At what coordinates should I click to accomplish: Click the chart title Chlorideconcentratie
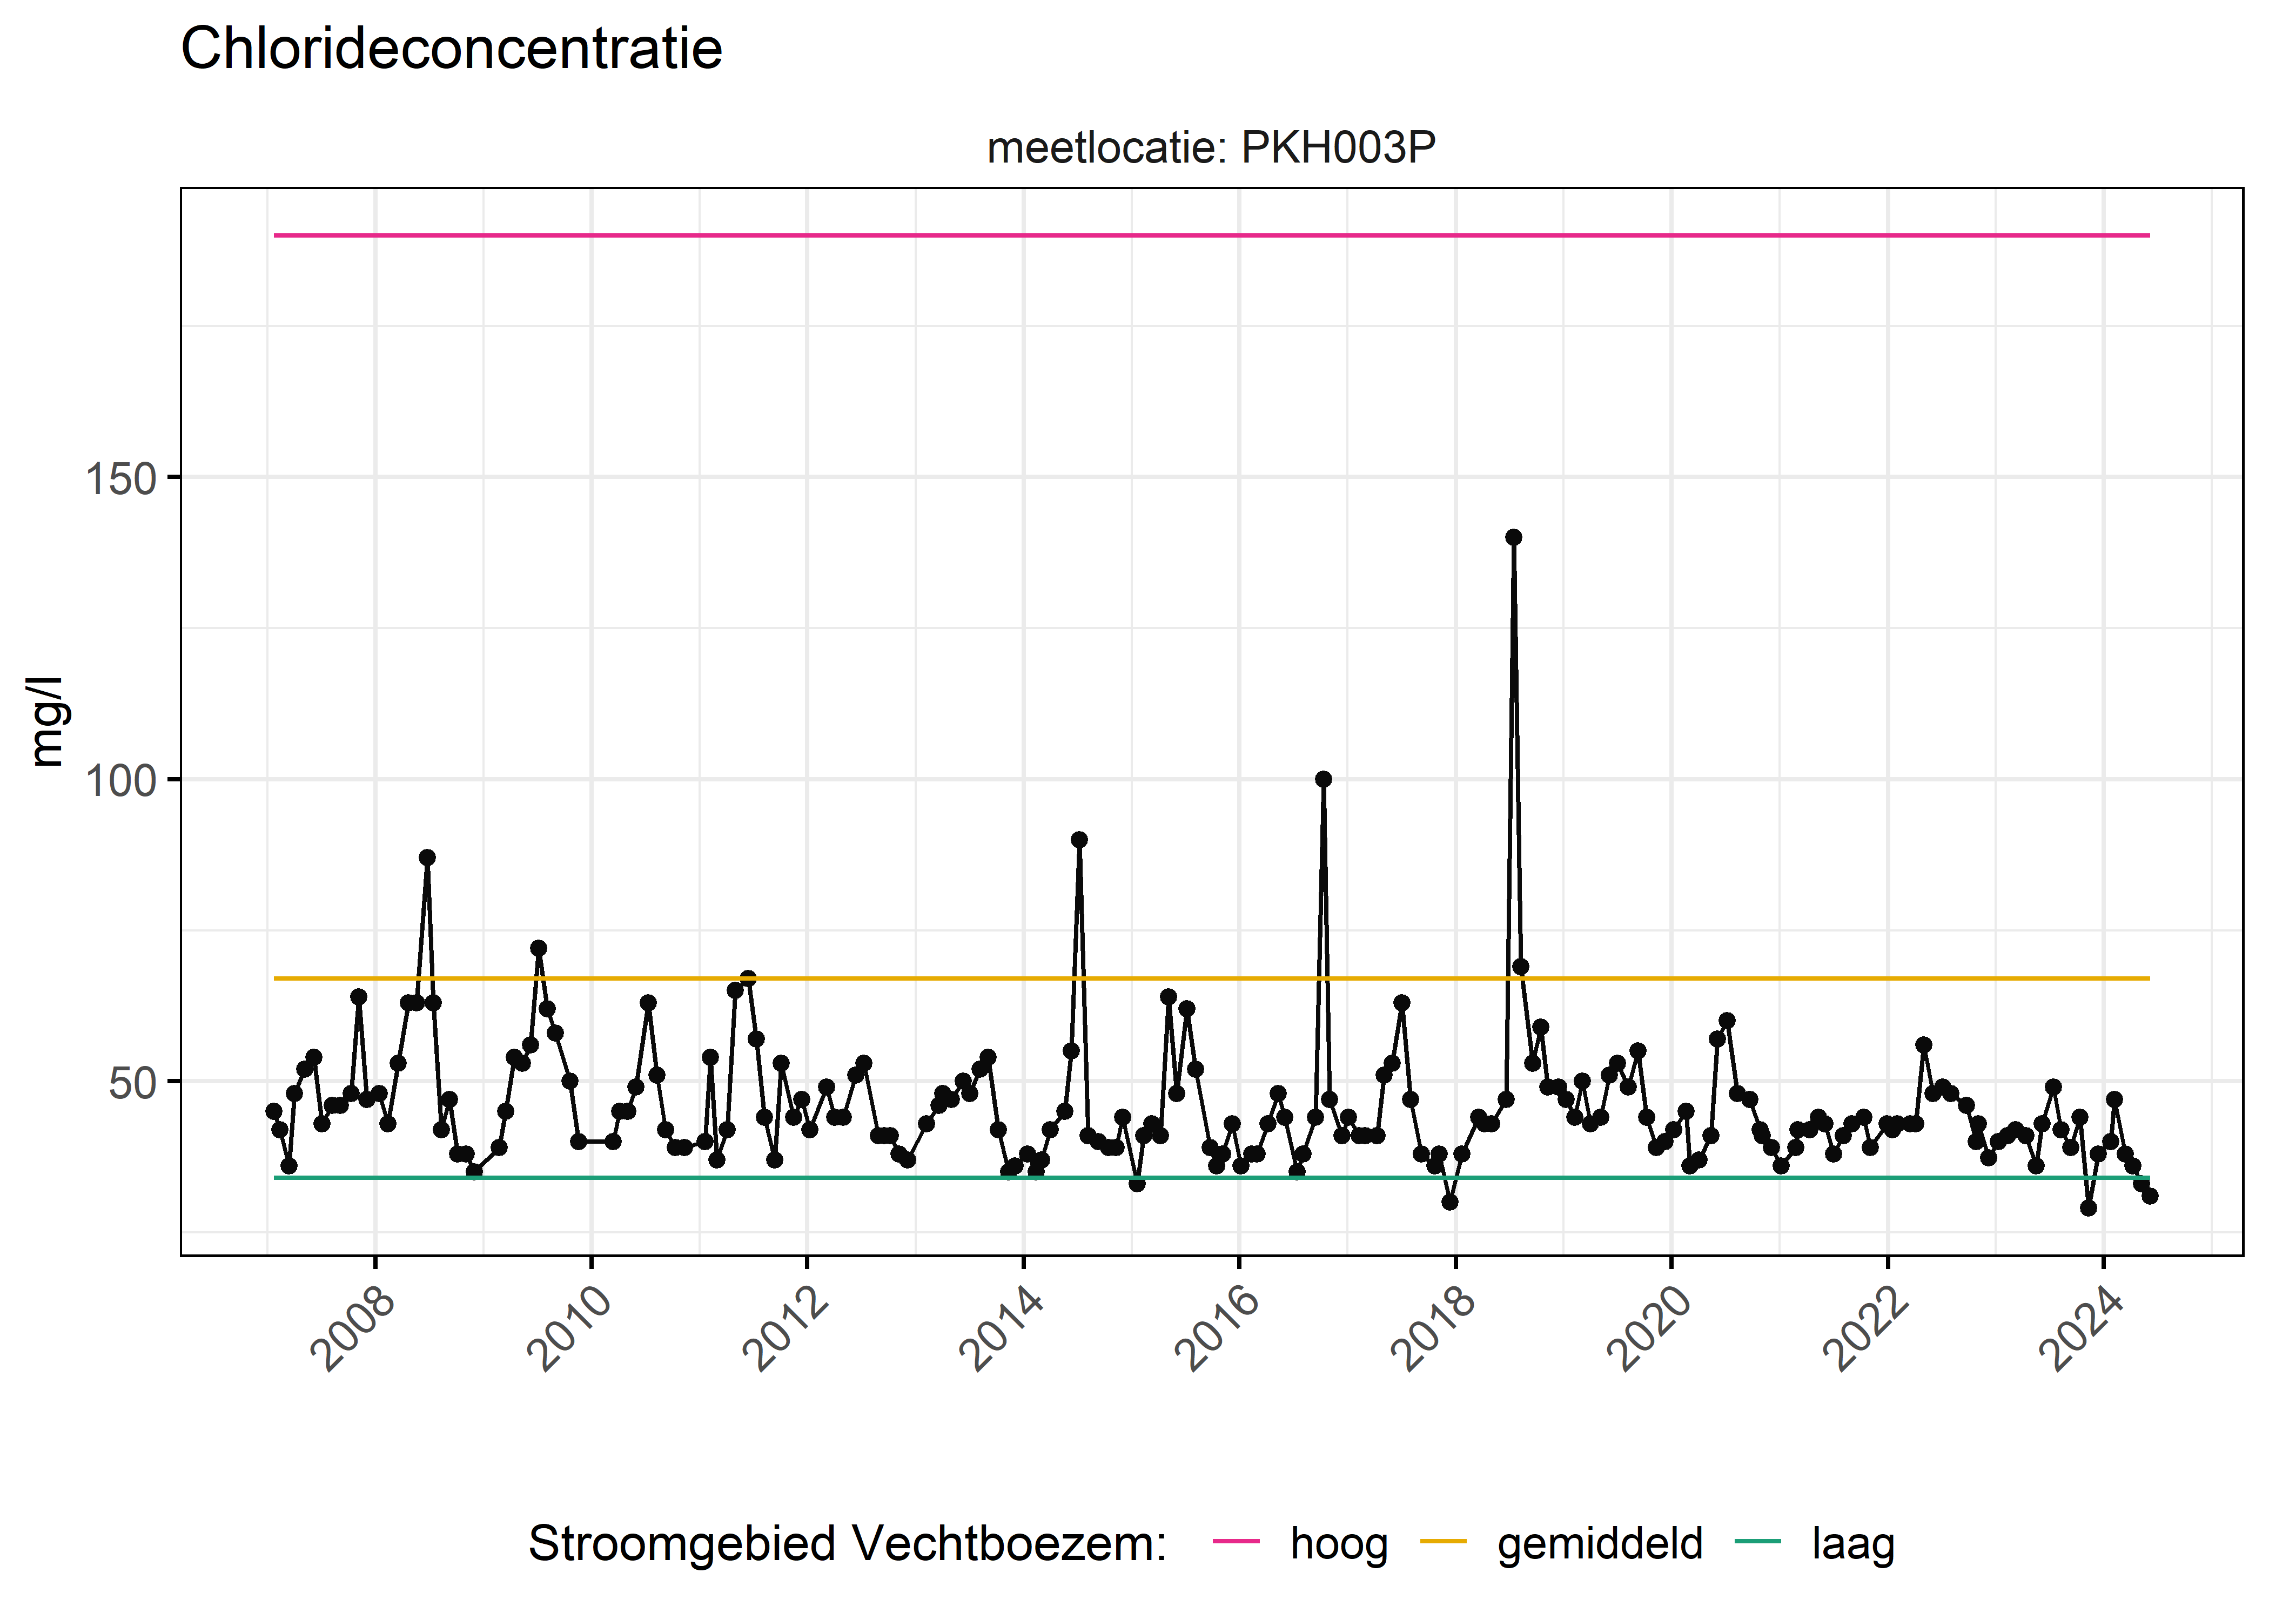tap(451, 50)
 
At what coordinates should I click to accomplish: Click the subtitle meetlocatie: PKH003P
tap(1210, 147)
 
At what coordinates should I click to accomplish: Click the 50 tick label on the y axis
tap(133, 1082)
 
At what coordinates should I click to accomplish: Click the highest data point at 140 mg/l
tap(1513, 538)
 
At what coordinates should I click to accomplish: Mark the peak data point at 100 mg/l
tap(1323, 779)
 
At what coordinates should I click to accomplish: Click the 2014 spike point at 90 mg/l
tap(1079, 840)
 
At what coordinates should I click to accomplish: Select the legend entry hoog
tap(1338, 1543)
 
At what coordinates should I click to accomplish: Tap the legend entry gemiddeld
tap(1600, 1543)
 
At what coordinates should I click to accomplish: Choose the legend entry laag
tap(1852, 1543)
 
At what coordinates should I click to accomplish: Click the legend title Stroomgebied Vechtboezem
tap(847, 1543)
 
